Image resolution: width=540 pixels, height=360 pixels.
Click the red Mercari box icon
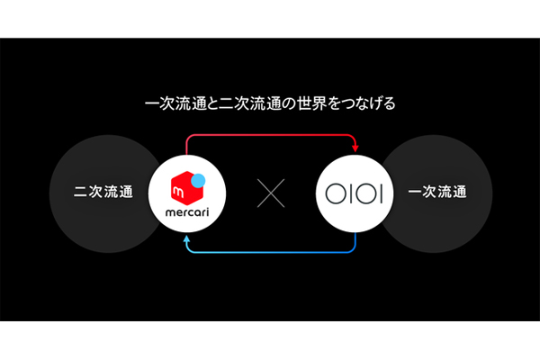[x=186, y=188]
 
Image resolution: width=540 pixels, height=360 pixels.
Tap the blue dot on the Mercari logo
[x=198, y=181]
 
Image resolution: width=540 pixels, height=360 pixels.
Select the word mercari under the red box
[x=187, y=212]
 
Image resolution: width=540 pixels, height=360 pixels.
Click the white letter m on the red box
[x=179, y=193]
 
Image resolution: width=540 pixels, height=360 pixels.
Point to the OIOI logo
[x=354, y=193]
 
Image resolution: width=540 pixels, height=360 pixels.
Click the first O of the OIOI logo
[x=336, y=193]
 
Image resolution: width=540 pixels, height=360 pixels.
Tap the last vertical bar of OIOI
[x=382, y=193]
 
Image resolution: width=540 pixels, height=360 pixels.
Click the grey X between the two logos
[x=271, y=193]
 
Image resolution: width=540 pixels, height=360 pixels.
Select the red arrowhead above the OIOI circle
[x=355, y=148]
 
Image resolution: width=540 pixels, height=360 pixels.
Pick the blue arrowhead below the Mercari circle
[x=186, y=238]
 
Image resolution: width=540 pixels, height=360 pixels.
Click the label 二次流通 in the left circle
[x=103, y=192]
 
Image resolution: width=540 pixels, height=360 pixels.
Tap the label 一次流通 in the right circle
[x=437, y=192]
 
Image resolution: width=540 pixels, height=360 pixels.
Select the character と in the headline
[x=211, y=103]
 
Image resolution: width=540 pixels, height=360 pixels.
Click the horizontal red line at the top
[x=271, y=135]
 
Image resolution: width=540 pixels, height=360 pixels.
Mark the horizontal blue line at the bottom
[x=271, y=252]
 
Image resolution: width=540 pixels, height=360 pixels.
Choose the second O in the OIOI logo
[x=366, y=193]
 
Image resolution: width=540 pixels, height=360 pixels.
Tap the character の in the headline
[x=290, y=103]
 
